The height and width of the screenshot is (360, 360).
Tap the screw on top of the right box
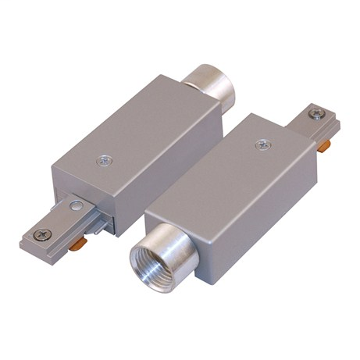pyautogui.click(x=263, y=144)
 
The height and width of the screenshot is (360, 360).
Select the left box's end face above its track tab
pyautogui.click(x=82, y=184)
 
